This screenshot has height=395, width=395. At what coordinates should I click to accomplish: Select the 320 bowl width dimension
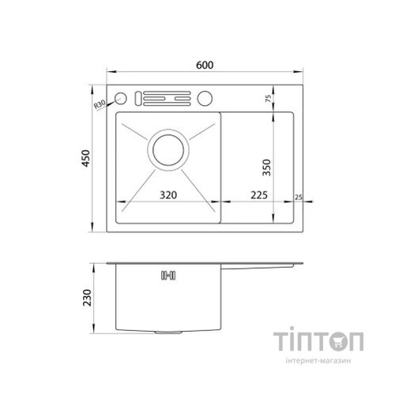tap(168, 194)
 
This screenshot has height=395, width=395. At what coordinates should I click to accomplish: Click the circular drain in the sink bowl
tap(167, 149)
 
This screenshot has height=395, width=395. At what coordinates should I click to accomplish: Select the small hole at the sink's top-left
tap(122, 100)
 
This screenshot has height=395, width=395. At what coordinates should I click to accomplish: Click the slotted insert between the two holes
tap(166, 100)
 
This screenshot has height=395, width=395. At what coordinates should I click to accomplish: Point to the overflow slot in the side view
tap(167, 276)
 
